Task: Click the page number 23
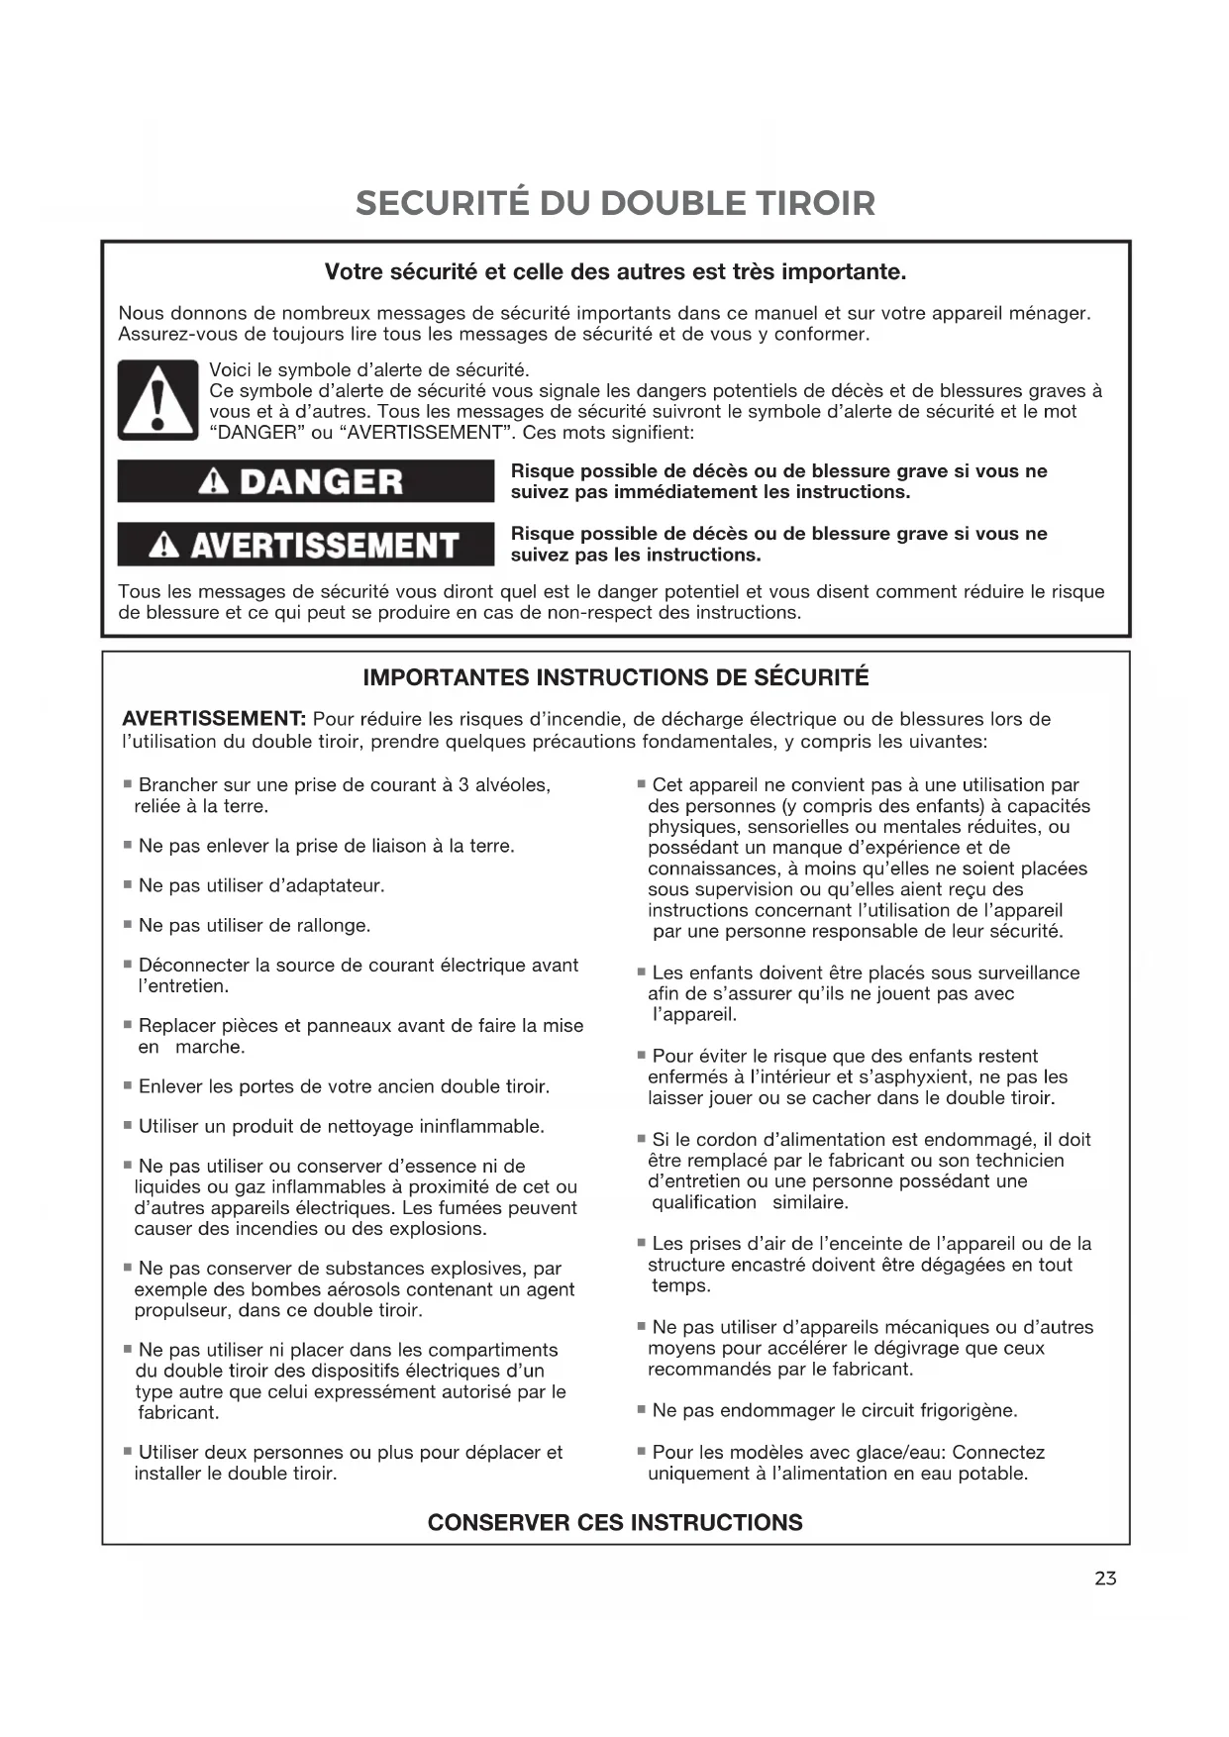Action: (x=1105, y=1579)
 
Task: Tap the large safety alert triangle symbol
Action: (x=157, y=401)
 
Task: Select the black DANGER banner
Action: (x=305, y=481)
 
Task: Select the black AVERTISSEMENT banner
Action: (x=305, y=545)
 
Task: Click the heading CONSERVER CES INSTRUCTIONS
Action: (x=615, y=1522)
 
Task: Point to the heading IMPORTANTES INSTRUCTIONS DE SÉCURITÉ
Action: (x=615, y=678)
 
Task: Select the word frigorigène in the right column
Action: (x=967, y=1410)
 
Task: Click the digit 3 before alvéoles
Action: (x=463, y=785)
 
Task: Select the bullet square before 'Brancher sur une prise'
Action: (x=128, y=784)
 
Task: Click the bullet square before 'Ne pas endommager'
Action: (x=642, y=1409)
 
